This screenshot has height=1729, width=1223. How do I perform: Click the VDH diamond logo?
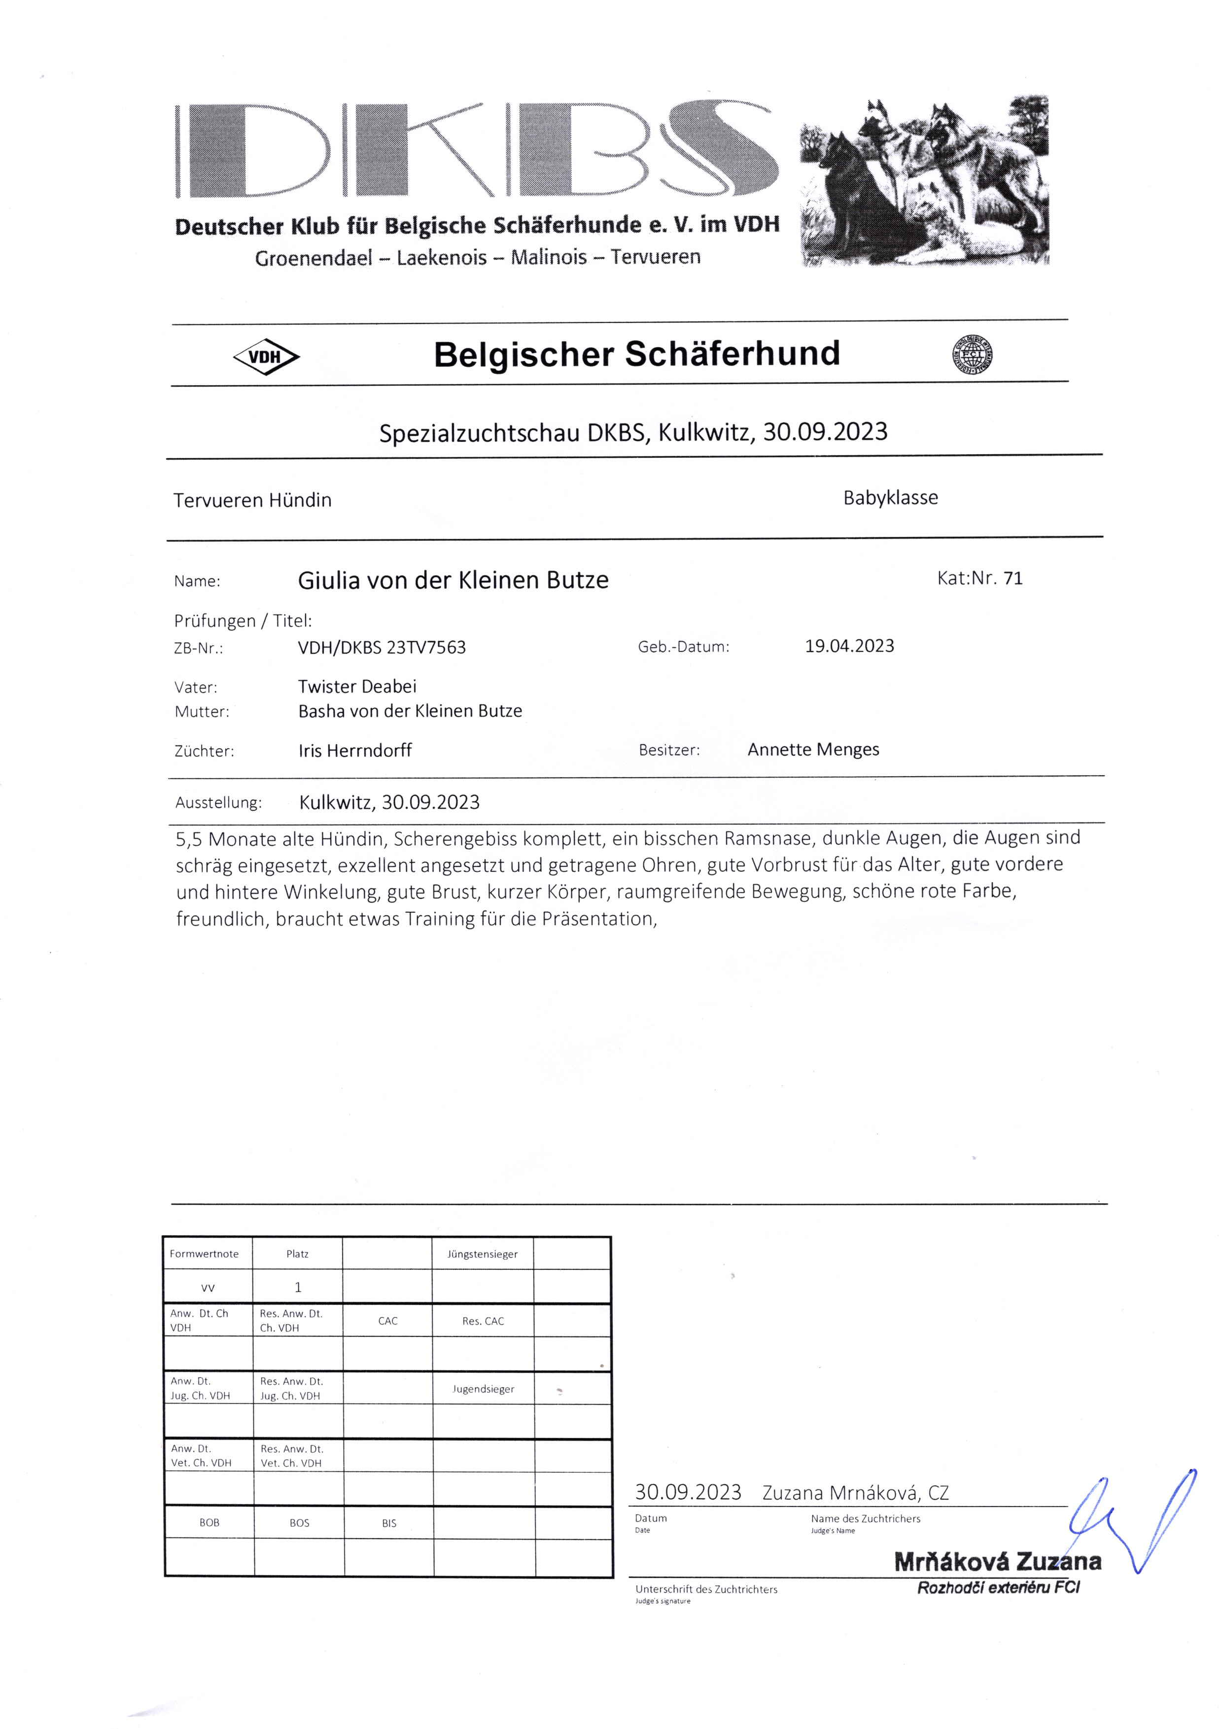(x=266, y=357)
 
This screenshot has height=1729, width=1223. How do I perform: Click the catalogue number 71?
(x=1013, y=578)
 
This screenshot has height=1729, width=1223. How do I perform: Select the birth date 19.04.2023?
(x=849, y=646)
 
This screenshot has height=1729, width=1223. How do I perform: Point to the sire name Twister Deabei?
(x=357, y=686)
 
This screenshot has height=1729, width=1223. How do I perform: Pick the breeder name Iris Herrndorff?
(x=355, y=751)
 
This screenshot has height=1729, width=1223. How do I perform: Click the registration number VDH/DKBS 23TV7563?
(x=382, y=647)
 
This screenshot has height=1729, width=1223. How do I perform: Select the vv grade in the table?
(x=208, y=1288)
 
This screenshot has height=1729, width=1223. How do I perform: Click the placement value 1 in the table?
(x=297, y=1287)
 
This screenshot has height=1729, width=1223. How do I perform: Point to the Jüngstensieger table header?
(x=482, y=1254)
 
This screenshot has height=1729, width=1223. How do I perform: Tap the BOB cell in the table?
(x=210, y=1522)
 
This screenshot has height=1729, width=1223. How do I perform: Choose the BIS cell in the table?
(x=388, y=1522)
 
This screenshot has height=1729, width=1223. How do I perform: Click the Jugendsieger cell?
(x=483, y=1388)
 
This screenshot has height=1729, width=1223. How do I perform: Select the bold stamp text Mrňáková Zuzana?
(x=997, y=1562)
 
